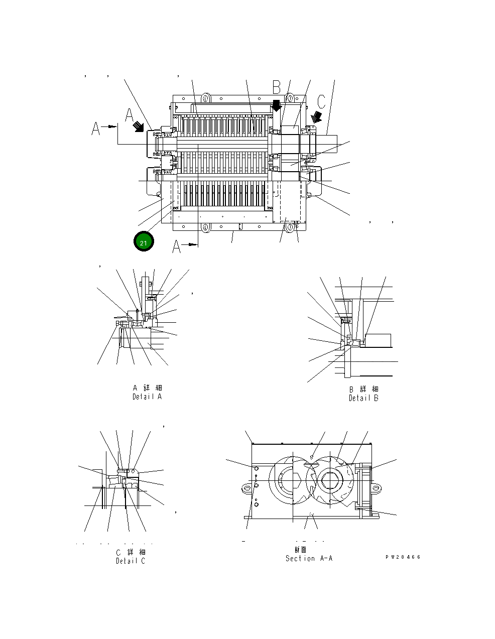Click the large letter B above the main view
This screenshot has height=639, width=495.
pos(277,87)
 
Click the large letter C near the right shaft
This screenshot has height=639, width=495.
pos(321,101)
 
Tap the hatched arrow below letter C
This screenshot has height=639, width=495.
pos(316,117)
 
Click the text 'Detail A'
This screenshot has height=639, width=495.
pos(147,397)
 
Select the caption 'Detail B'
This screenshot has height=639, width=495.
pos(363,398)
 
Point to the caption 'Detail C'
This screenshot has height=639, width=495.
pos(130,561)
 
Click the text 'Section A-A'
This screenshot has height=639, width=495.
pos(309,558)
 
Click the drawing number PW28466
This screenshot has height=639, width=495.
pos(403,557)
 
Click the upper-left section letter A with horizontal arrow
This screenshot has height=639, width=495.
pos(96,129)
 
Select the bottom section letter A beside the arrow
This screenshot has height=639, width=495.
pos(177,247)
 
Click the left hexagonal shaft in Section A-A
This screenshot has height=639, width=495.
pos(287,481)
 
